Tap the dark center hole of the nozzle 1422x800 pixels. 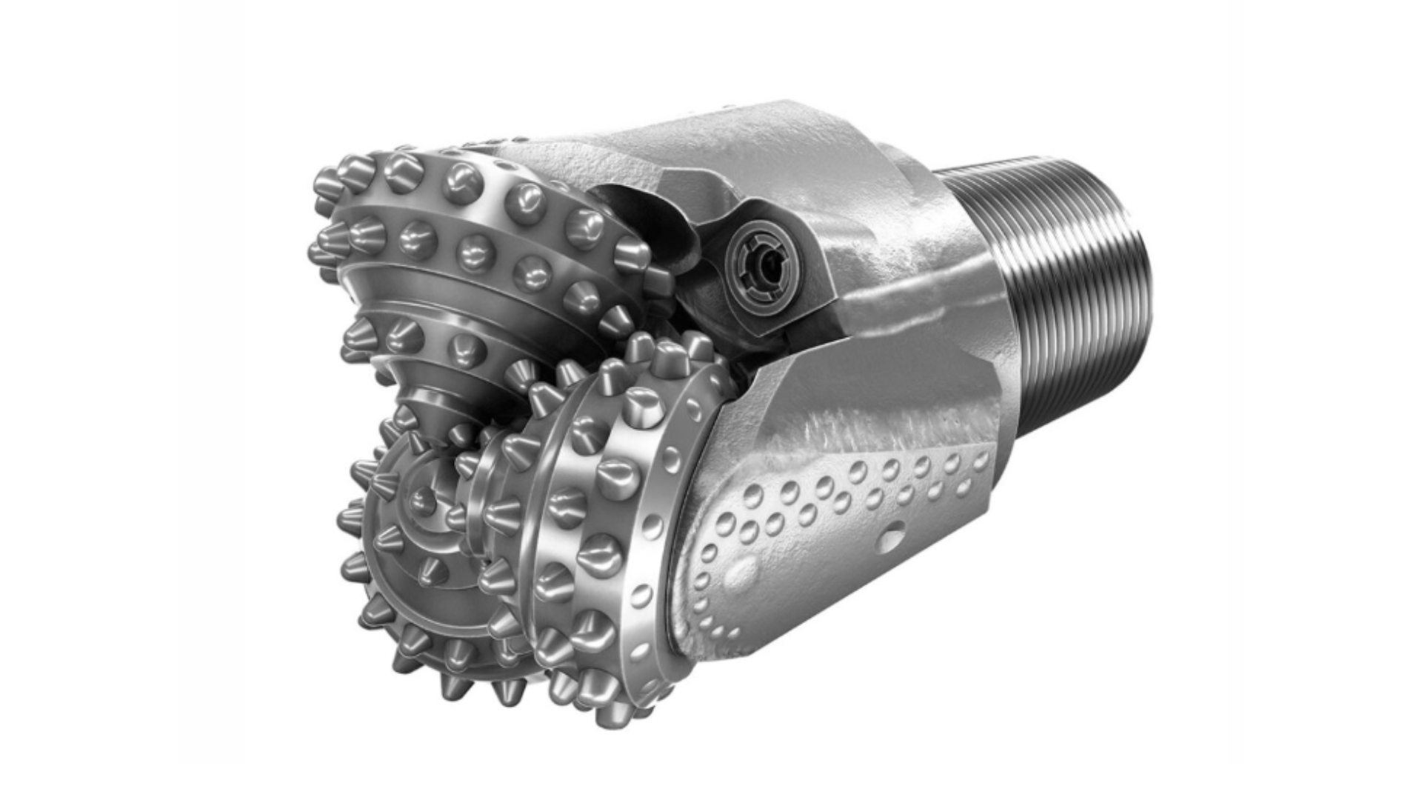click(x=770, y=261)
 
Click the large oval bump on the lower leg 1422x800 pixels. click(x=743, y=571)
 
